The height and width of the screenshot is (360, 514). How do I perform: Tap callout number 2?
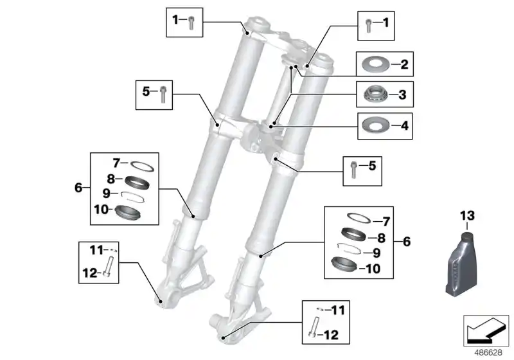click(403, 64)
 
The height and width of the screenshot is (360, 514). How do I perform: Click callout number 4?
click(403, 125)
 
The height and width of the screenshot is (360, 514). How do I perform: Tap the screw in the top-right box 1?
click(368, 24)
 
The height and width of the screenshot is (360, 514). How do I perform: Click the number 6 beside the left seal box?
click(78, 188)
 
